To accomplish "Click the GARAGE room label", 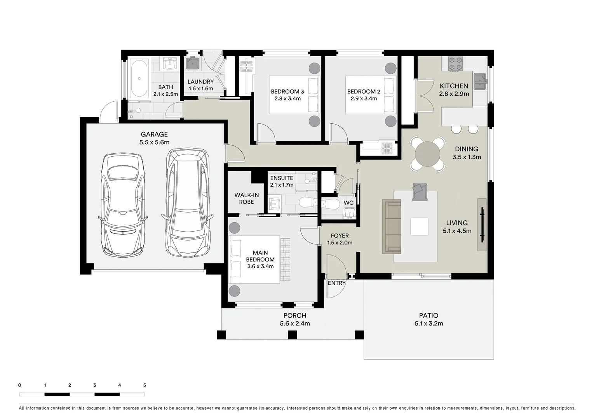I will (x=154, y=134).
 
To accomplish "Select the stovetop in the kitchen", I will (x=455, y=64).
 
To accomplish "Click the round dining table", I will (x=427, y=154).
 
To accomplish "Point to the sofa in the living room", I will (x=392, y=227).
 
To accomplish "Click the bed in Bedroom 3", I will (x=294, y=95).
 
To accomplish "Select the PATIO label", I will (x=429, y=316).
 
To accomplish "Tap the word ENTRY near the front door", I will (x=336, y=283).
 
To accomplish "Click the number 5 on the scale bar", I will (x=145, y=385).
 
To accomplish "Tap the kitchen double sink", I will (x=480, y=81).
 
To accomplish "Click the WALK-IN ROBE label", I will (x=246, y=199).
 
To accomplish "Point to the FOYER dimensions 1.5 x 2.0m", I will (x=340, y=243).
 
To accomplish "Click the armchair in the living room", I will (x=420, y=192).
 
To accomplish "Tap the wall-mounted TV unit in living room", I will (x=482, y=225).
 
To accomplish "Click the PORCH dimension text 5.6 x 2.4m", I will (x=295, y=324).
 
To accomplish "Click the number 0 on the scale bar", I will (x=20, y=385).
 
